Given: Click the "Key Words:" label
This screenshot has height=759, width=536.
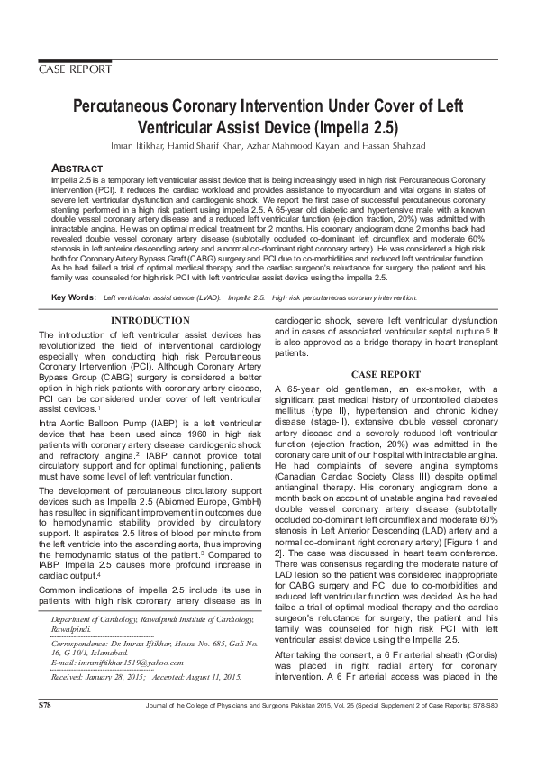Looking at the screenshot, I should (74, 271).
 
